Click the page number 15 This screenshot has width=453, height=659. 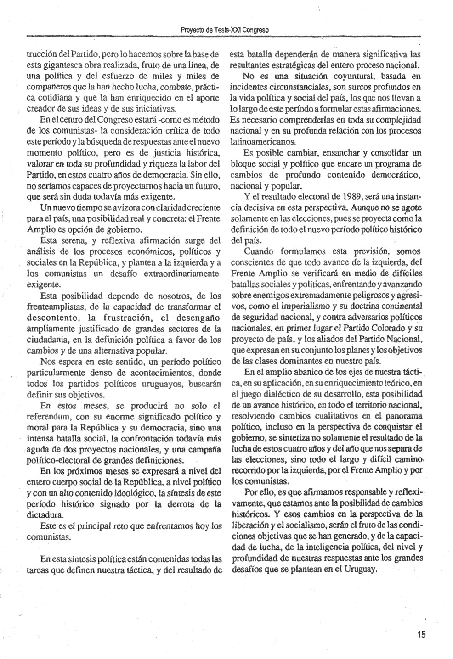(x=421, y=635)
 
